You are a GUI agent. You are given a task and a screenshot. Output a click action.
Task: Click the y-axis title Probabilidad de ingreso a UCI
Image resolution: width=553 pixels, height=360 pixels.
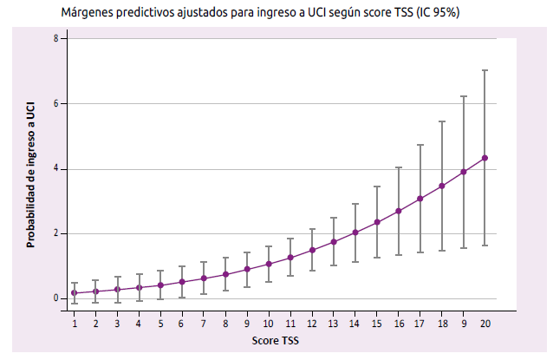[30, 173]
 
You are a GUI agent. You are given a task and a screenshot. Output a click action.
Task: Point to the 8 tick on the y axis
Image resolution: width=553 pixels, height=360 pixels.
[55, 39]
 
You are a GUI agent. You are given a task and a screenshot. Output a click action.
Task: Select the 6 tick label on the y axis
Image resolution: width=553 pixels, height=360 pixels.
[55, 104]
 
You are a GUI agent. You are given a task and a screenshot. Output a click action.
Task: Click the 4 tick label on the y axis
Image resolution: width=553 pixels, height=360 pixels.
[55, 168]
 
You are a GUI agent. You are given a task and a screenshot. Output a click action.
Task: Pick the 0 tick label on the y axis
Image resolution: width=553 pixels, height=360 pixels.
[55, 298]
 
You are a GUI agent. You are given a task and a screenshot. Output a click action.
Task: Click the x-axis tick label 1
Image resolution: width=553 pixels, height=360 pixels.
[75, 322]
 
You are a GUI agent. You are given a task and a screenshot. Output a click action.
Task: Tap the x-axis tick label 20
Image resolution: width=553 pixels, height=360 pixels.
[485, 322]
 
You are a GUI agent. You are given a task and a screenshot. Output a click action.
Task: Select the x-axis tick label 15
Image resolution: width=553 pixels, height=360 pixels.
[377, 322]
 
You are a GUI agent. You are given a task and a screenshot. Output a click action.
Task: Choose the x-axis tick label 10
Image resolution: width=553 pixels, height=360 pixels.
[269, 322]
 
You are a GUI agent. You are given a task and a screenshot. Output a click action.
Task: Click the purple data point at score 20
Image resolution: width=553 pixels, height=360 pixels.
[485, 158]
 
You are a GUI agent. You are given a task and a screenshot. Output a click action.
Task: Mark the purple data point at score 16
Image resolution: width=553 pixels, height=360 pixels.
[399, 211]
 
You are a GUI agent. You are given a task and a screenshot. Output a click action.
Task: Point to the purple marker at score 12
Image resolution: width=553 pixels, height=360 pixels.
[312, 250]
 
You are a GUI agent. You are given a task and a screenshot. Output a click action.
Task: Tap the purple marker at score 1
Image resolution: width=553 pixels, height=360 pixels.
[75, 293]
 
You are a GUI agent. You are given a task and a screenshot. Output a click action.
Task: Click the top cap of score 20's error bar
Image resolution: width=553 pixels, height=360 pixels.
[485, 70]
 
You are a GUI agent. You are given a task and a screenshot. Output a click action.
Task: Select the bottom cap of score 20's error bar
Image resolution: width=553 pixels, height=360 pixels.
[485, 245]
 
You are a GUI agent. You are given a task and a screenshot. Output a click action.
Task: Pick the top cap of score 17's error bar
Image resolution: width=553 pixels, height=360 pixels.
[420, 145]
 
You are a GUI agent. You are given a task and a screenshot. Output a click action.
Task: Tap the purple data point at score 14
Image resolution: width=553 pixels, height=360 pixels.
[355, 232]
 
